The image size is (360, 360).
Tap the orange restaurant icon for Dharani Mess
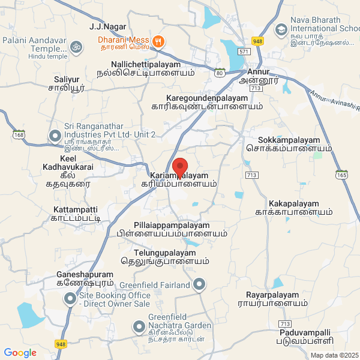click(158, 41)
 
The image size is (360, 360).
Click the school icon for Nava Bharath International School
click(281, 29)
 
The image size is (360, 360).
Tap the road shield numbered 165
click(342, 175)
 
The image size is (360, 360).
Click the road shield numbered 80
click(220, 73)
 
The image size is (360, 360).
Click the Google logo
click(20, 353)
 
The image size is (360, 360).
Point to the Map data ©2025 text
click(334, 355)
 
